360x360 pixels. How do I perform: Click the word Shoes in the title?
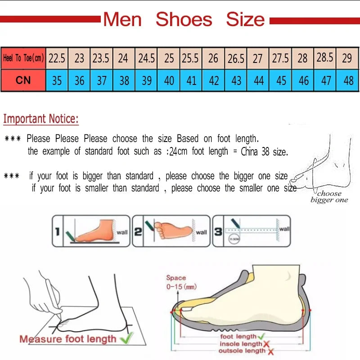coord(184,20)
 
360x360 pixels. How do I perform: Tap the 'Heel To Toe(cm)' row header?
coord(23,58)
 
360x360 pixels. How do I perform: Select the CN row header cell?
coord(23,80)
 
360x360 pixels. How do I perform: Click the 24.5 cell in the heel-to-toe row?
coord(146,58)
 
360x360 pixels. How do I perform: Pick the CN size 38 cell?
coord(124,81)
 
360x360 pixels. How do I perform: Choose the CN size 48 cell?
coord(348,81)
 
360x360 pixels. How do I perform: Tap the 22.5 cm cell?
coord(57,58)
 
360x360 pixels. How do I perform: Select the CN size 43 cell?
coord(236,81)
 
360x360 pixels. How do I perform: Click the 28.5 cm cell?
coord(325,58)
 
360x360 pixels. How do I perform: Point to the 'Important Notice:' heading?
coord(41,119)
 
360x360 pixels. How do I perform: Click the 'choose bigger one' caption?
coord(329,197)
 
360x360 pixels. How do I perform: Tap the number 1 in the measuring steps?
coord(57,232)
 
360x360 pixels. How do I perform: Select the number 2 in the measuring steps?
coord(138,231)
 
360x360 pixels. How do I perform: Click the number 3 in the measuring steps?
coord(218,231)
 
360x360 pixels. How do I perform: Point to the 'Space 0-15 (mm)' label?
coord(180,282)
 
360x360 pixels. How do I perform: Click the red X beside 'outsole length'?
coord(270,351)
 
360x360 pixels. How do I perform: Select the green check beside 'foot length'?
coord(261,336)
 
